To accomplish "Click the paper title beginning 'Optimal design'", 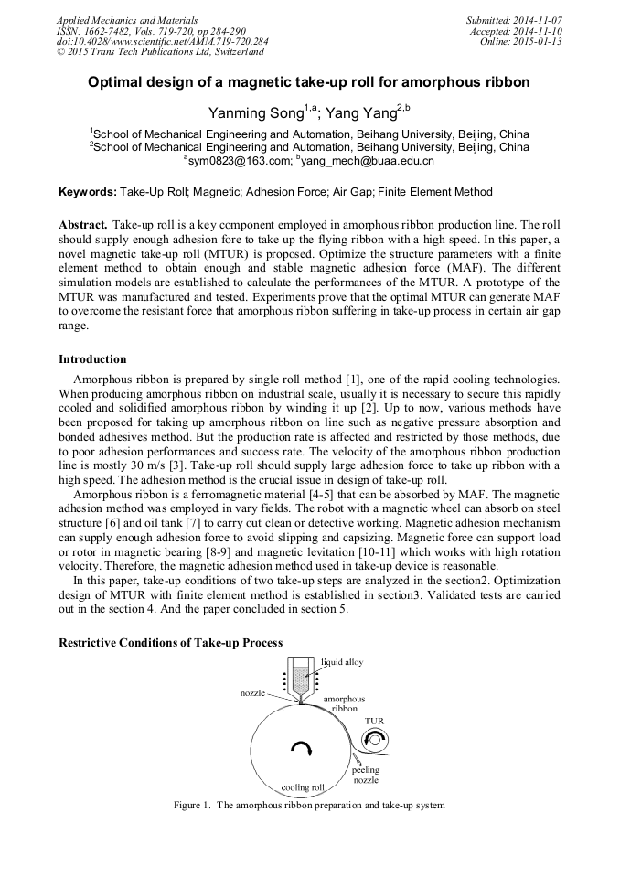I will (308, 82).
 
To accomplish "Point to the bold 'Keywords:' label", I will (88, 192).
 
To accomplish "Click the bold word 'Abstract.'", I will (83, 224).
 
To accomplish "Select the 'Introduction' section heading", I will (92, 359).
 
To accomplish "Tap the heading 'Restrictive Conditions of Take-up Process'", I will (170, 643).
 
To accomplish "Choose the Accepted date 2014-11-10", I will (539, 30).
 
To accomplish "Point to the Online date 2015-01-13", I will (539, 41).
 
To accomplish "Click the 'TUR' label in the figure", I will (374, 721).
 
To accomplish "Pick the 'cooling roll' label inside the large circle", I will (303, 786).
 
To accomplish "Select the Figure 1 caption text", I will (309, 806).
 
